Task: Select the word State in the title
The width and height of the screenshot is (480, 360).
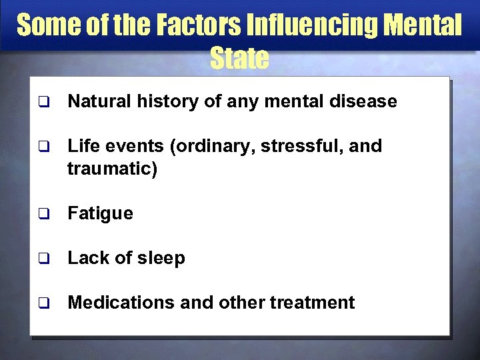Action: (239, 59)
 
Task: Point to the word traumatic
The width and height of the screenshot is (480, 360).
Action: (112, 169)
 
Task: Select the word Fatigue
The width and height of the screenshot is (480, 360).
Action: (101, 213)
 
